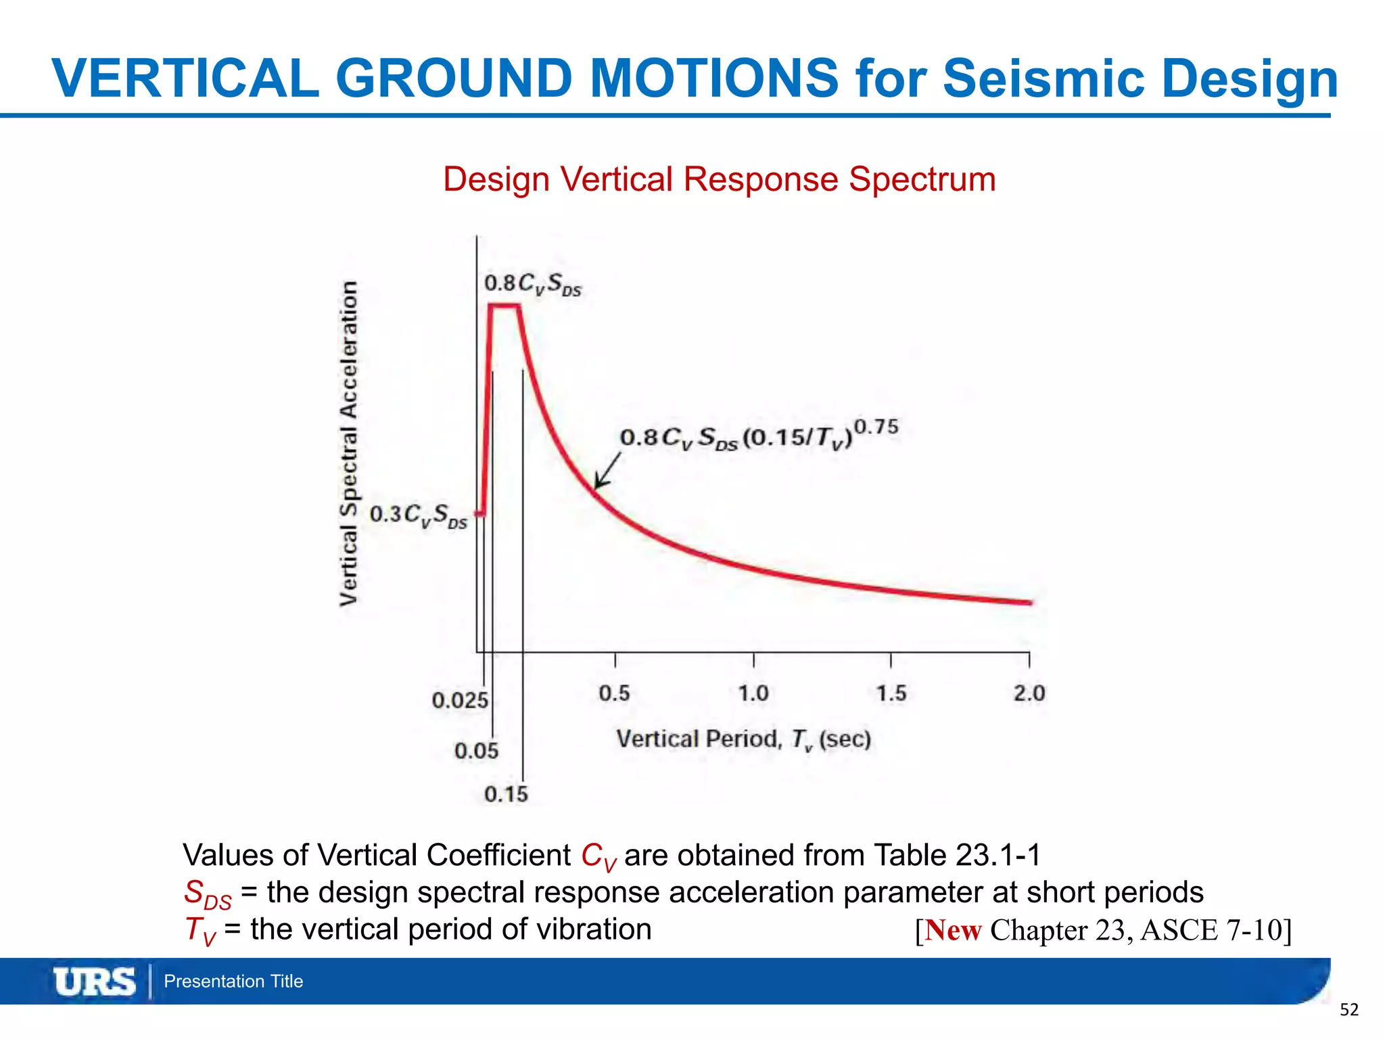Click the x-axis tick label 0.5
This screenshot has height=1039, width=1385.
[x=614, y=693]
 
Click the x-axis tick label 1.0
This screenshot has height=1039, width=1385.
[x=753, y=693]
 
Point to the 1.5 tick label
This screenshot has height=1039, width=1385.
[x=891, y=693]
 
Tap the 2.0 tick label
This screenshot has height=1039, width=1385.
[x=1029, y=693]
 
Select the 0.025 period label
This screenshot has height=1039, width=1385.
[x=460, y=700]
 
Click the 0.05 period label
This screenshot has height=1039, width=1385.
[x=476, y=751]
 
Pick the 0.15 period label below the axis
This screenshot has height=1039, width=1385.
[x=506, y=794]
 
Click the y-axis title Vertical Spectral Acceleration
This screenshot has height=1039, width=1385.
[x=348, y=443]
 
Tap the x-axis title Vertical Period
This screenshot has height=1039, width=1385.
[x=743, y=739]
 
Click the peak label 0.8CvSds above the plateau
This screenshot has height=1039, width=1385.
[x=533, y=284]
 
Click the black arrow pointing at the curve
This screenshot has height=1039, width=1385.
[x=607, y=471]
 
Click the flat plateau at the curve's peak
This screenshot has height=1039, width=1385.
[x=504, y=306]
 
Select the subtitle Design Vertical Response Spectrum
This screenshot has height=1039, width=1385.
[x=719, y=180]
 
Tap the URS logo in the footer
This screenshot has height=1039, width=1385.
[x=95, y=982]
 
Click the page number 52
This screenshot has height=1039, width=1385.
[x=1348, y=1010]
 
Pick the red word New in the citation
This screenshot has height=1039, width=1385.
[x=953, y=930]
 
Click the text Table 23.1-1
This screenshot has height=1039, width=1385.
[x=957, y=855]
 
